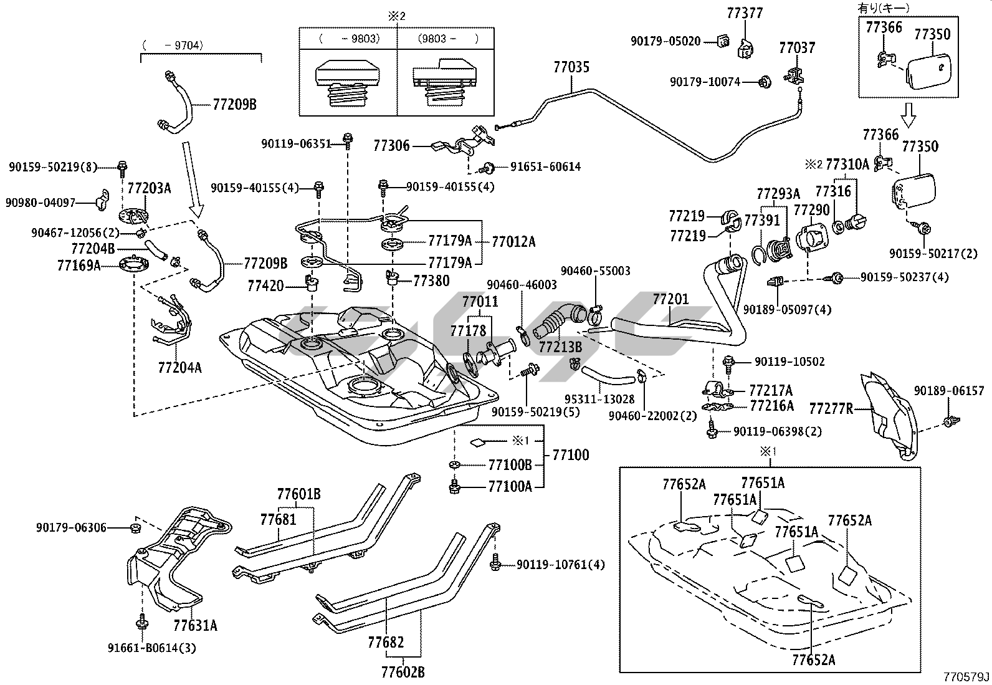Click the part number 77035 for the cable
click(571, 67)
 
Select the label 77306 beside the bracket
click(391, 146)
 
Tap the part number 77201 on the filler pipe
click(670, 299)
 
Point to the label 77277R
click(831, 409)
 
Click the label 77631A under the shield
click(195, 625)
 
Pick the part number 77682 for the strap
click(386, 642)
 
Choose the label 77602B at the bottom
click(403, 673)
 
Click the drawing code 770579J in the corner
click(966, 677)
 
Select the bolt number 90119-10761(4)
click(560, 565)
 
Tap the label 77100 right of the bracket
click(570, 454)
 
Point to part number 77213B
click(560, 347)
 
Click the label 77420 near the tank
click(265, 286)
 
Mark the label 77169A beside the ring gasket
click(79, 266)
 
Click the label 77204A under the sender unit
click(179, 368)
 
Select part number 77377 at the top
click(744, 13)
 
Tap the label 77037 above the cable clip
click(796, 48)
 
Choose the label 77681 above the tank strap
click(277, 519)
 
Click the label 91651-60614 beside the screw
click(545, 167)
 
